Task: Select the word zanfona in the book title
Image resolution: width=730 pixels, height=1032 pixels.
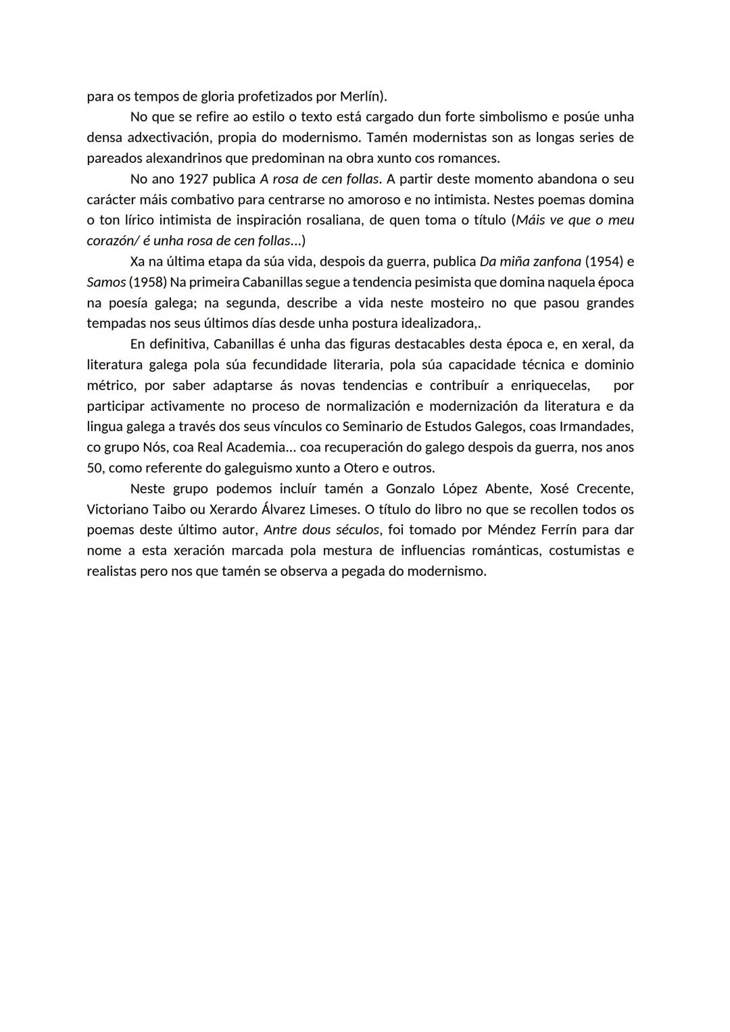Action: (x=556, y=262)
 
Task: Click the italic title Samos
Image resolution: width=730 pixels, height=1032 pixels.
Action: (x=105, y=282)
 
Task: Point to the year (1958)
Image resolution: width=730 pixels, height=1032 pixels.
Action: (x=147, y=282)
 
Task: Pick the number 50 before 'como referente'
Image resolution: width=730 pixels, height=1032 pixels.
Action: (x=94, y=468)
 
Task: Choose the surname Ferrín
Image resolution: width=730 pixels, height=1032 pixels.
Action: (x=558, y=530)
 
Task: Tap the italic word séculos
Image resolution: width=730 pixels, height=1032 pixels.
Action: (x=357, y=530)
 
